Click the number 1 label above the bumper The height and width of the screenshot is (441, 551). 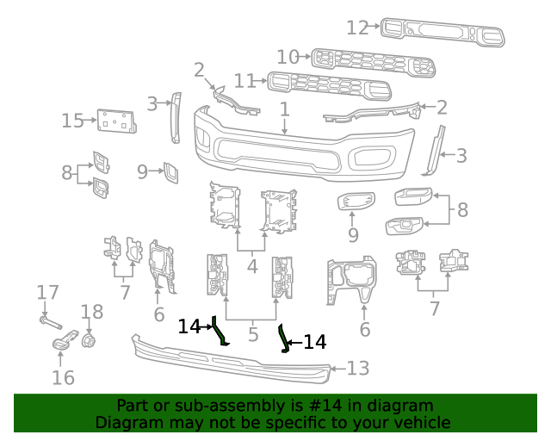pos(284,109)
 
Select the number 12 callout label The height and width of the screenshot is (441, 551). pos(357,28)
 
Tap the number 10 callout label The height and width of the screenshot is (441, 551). pos(288,57)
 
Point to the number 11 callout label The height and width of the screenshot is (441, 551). pos(245,81)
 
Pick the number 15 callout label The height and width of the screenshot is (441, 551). pos(72,121)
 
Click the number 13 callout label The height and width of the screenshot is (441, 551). pos(357,369)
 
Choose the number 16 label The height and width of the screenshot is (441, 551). pos(63,377)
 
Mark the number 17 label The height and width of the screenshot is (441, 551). pos(47,292)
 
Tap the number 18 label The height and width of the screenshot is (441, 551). pos(91,311)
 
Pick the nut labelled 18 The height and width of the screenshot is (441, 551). pos(88,341)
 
